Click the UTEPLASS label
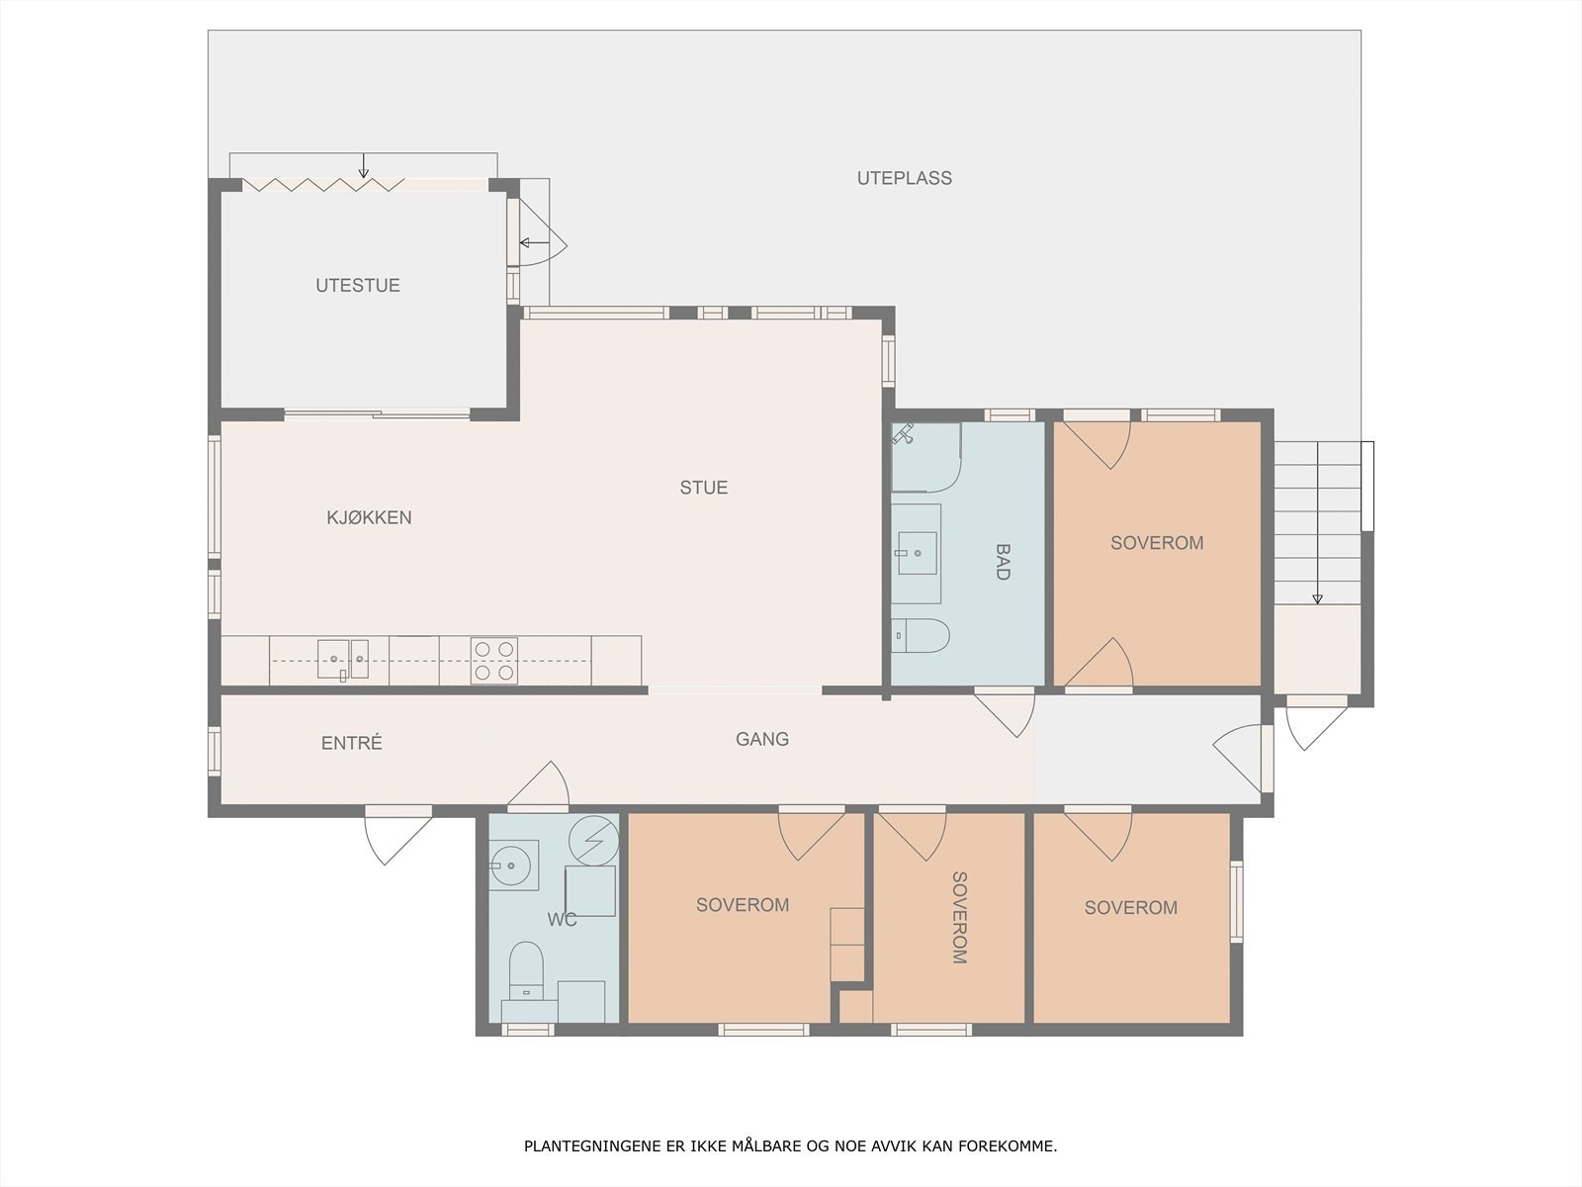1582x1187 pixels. tap(904, 178)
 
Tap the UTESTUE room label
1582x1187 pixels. tap(358, 286)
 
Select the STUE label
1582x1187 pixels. tap(703, 488)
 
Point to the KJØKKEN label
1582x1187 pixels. tap(369, 517)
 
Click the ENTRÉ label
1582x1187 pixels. tap(352, 743)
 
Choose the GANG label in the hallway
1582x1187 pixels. tap(761, 740)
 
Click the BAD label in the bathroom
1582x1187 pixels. tap(1003, 562)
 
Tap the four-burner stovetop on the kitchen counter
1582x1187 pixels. tap(494, 660)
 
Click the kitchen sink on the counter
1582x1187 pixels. tap(343, 660)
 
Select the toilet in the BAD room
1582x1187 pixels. tap(921, 636)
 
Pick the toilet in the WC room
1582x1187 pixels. tap(526, 970)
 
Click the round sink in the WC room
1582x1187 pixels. tap(513, 865)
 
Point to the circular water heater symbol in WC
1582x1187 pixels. tap(594, 841)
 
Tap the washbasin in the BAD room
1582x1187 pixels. tap(917, 554)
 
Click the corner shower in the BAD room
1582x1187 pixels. tap(926, 458)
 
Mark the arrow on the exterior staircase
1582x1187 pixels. tap(1317, 523)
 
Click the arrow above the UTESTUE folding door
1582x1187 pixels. tap(363, 166)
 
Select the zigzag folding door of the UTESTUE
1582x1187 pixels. tap(323, 185)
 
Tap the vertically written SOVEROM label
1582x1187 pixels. tap(959, 918)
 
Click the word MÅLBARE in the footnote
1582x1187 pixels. tap(769, 1146)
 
